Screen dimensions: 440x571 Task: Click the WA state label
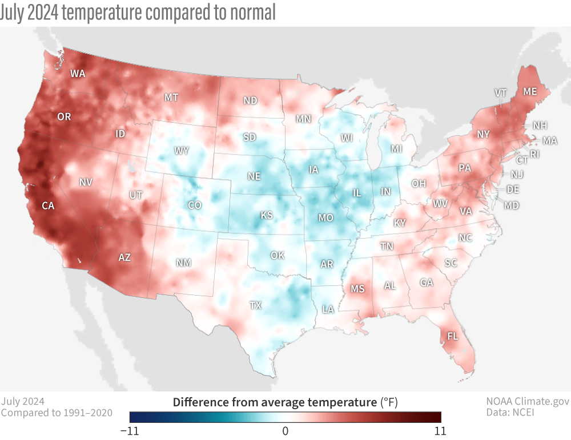click(x=78, y=74)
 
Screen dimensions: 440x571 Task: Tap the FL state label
click(x=452, y=336)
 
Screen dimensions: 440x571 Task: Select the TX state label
click(x=255, y=305)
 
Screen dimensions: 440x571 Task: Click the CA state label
click(x=48, y=205)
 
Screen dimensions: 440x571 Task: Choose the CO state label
click(x=195, y=205)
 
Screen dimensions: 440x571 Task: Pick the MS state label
click(x=357, y=289)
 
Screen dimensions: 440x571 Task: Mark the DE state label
click(x=513, y=189)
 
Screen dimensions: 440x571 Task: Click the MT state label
click(x=171, y=98)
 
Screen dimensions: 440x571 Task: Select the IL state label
click(x=357, y=193)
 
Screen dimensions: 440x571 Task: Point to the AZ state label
click(x=124, y=257)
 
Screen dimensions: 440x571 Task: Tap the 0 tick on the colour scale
click(x=285, y=430)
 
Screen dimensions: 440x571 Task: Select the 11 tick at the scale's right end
click(x=440, y=430)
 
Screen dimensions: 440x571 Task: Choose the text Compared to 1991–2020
click(x=57, y=413)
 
